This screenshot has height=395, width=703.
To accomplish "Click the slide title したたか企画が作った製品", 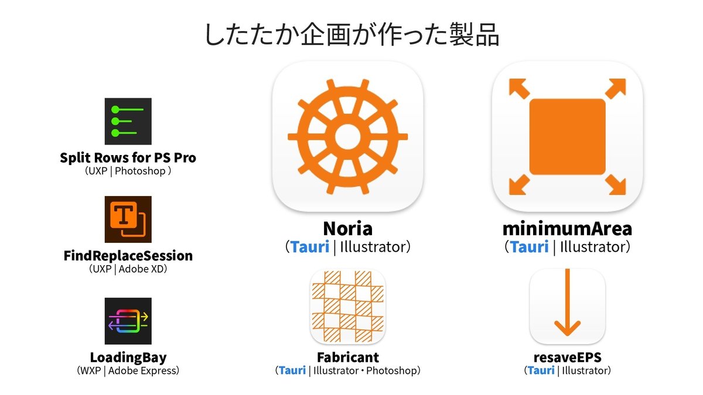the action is tap(351, 35).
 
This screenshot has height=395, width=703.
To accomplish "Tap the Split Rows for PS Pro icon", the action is tap(128, 121).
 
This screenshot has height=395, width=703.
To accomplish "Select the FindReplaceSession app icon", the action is tap(128, 219).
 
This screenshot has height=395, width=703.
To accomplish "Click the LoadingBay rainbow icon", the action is tap(128, 321).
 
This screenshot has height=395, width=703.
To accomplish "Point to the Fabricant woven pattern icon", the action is tap(348, 307).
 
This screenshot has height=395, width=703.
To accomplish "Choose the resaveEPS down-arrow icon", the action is tap(568, 307).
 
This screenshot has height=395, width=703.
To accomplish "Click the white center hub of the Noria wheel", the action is tap(348, 137).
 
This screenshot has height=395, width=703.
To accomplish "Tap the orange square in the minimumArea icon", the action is tap(568, 137).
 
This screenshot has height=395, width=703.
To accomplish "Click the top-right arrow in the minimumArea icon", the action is tap(616, 89).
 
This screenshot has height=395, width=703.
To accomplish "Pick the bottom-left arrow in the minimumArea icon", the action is tap(520, 185).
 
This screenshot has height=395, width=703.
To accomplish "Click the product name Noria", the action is tap(348, 229).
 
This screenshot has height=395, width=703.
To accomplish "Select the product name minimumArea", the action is tap(568, 229).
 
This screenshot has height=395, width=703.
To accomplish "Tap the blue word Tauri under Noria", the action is tap(310, 247).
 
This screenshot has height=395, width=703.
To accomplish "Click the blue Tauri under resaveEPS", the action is tap(541, 370).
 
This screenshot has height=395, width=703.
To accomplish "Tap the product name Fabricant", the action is tap(348, 357).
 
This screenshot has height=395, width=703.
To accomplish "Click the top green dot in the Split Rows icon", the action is tap(115, 110).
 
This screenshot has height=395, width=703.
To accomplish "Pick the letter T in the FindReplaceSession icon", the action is tap(124, 214).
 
